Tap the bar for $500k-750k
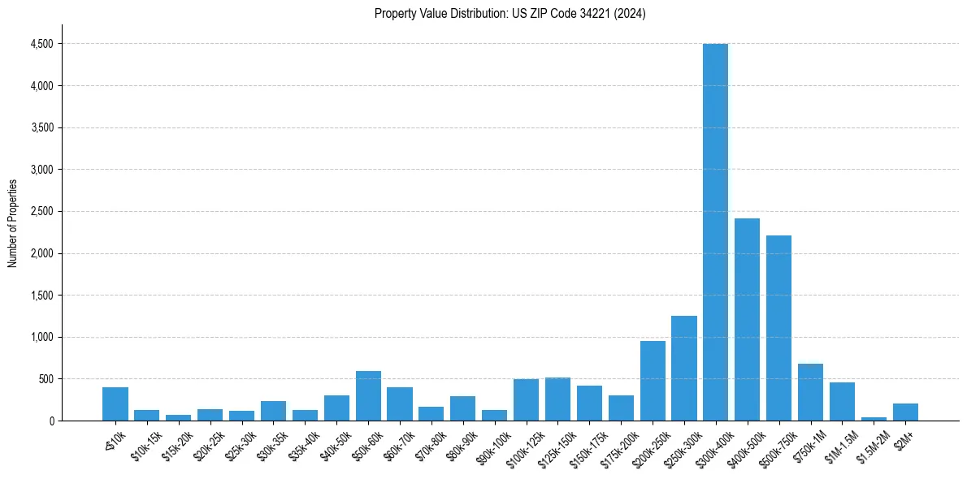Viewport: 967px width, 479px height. point(778,328)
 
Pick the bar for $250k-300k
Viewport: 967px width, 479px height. point(683,368)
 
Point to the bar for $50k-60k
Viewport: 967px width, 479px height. point(368,396)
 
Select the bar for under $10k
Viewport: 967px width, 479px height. point(115,404)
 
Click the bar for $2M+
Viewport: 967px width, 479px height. point(905,412)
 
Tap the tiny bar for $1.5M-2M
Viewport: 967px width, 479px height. point(874,419)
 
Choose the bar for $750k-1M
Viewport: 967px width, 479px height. point(810,392)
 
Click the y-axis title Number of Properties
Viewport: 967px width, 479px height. point(13,223)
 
